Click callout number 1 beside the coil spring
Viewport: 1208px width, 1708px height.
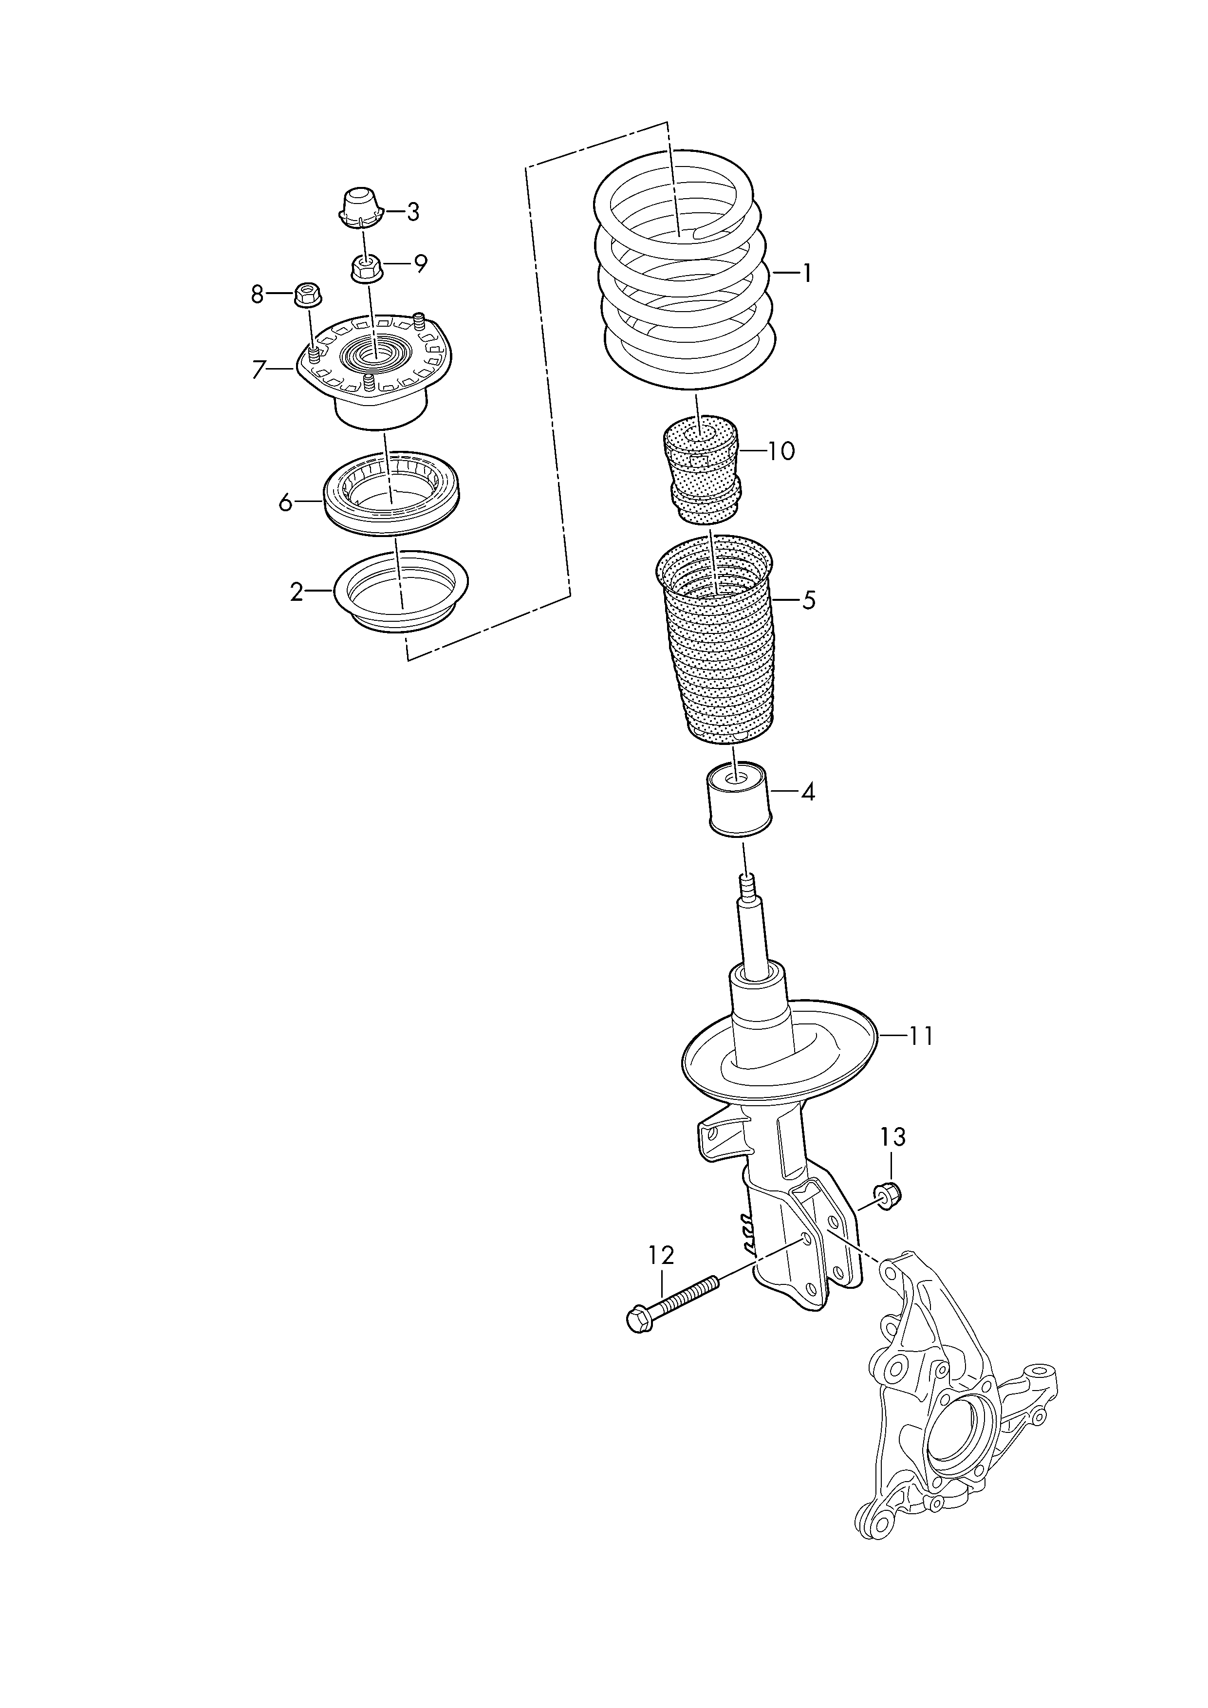click(x=806, y=274)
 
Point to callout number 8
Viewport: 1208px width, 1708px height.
click(x=258, y=296)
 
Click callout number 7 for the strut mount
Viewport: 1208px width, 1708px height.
click(x=259, y=370)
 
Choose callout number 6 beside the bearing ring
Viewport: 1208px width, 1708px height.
click(x=286, y=503)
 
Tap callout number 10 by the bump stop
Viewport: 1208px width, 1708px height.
click(x=781, y=451)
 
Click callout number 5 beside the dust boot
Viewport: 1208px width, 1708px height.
click(x=809, y=599)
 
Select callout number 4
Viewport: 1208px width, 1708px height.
click(x=808, y=792)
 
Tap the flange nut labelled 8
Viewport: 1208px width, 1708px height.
click(x=307, y=294)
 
